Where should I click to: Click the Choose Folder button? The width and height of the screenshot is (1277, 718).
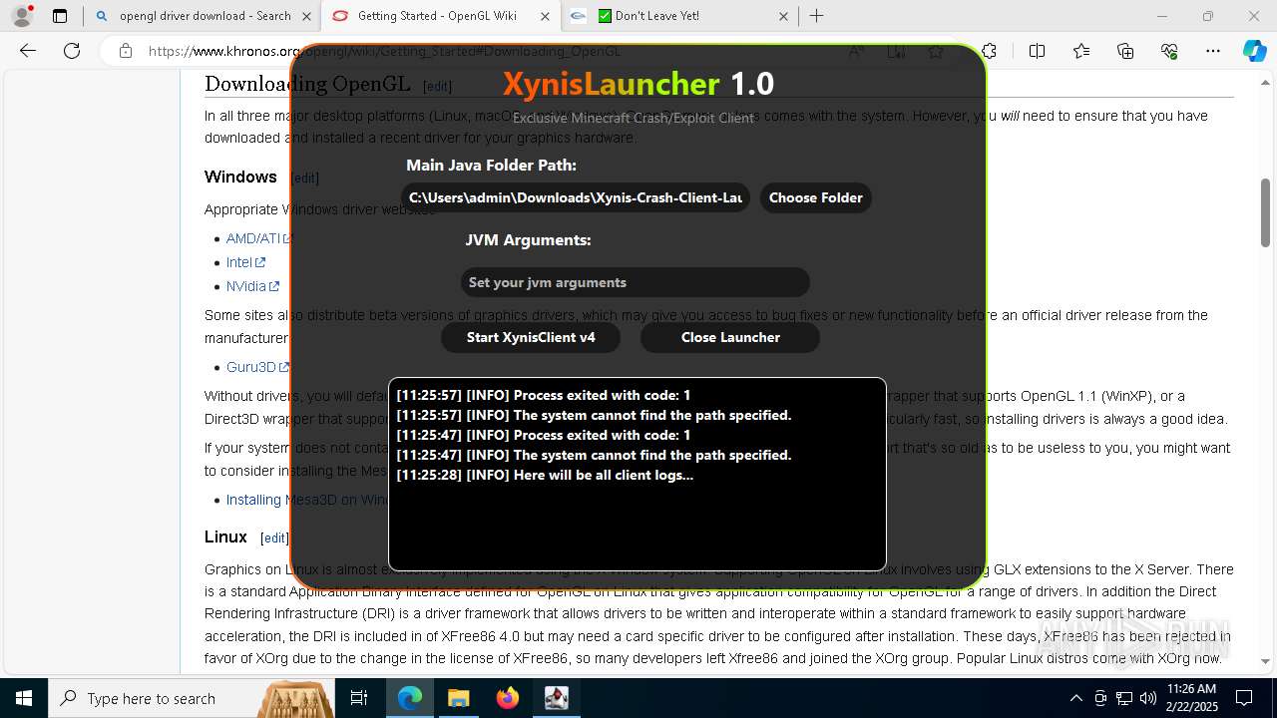(x=815, y=197)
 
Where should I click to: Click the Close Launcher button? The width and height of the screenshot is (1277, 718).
(x=730, y=337)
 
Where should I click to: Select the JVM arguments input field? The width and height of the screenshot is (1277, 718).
(x=635, y=282)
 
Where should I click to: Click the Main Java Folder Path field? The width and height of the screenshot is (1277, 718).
(x=576, y=197)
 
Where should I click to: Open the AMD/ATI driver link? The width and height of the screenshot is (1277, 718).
(x=253, y=238)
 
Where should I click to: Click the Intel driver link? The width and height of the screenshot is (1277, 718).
(x=239, y=262)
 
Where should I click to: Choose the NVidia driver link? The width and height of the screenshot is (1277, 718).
(x=246, y=286)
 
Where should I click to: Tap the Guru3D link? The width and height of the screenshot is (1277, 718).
(x=251, y=367)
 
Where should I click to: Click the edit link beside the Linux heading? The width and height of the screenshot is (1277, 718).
(x=274, y=538)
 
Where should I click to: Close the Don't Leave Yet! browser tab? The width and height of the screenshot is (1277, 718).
(x=783, y=16)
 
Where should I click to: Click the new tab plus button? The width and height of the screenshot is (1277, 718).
(x=817, y=16)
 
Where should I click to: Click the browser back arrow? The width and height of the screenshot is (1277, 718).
(x=28, y=51)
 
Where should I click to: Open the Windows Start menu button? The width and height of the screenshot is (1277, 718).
(x=23, y=698)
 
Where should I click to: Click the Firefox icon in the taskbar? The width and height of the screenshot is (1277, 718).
(x=508, y=698)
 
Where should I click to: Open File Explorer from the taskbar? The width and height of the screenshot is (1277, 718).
(x=459, y=698)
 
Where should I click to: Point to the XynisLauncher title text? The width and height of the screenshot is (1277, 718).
(x=638, y=84)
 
